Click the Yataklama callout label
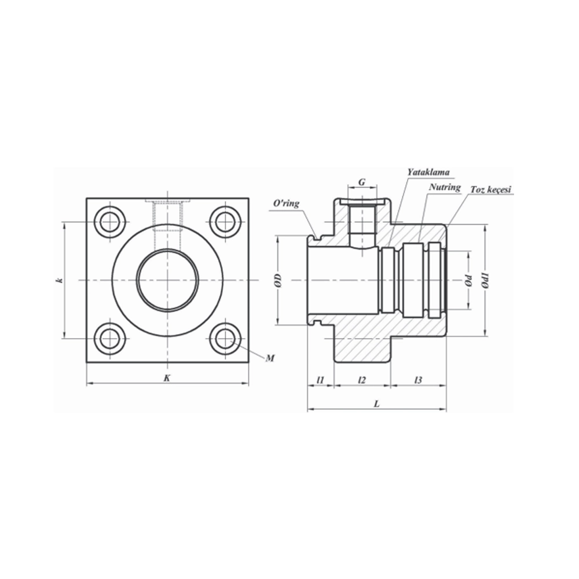point(428,172)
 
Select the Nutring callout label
point(445,187)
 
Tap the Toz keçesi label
point(492,190)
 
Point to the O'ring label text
point(286,204)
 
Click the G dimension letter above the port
point(362,182)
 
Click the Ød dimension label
point(467,281)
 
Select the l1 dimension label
point(321,380)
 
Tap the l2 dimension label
point(362,380)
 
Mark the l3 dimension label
point(418,380)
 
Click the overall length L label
point(376,404)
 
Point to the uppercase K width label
point(167,378)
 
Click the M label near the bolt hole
point(269,359)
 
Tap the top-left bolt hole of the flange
point(109,222)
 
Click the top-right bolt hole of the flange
point(225,222)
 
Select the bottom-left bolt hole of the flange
point(109,339)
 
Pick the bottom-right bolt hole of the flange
point(225,339)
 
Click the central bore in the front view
point(167,281)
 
